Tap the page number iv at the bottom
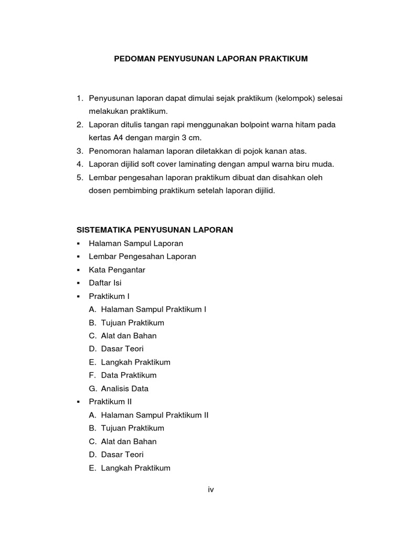(211, 489)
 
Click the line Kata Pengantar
(117, 270)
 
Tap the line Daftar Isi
(105, 283)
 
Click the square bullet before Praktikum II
(78, 402)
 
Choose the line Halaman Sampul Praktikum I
(154, 309)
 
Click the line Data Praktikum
(129, 375)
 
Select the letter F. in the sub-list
(92, 375)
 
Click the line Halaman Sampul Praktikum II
(155, 415)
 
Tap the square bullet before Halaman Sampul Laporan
(78, 244)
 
